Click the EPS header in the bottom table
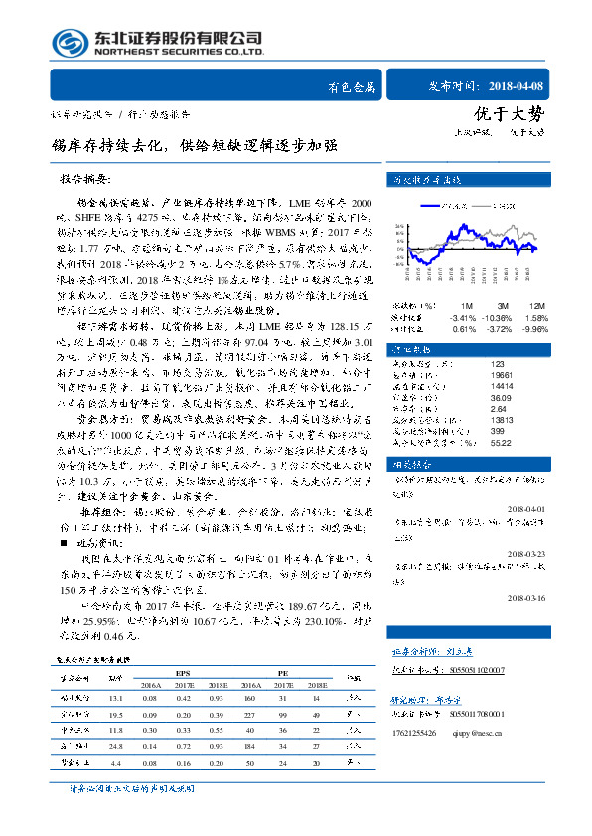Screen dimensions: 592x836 pyautogui.click(x=183, y=671)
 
